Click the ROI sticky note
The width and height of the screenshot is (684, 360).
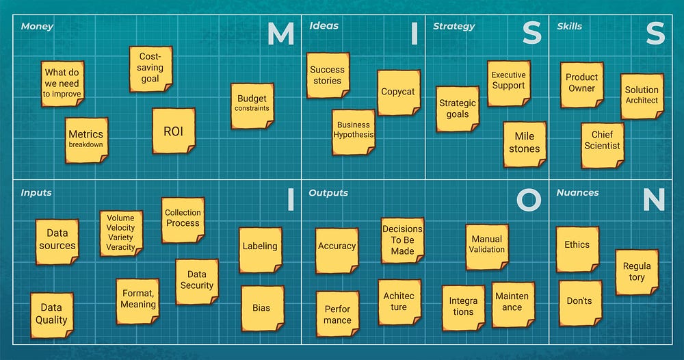pos(174,131)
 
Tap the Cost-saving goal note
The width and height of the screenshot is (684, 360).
pos(150,68)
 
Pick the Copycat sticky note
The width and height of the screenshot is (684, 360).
pos(398,92)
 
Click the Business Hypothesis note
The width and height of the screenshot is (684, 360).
pos(354,131)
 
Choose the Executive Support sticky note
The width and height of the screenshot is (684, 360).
pos(509,83)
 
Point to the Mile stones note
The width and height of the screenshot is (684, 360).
pos(525,144)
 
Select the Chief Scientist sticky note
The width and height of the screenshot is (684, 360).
pos(603,144)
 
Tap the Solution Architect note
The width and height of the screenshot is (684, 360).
pos(642,96)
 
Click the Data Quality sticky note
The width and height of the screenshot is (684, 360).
pos(51,315)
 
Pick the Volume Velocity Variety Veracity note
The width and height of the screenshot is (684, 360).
pos(121,233)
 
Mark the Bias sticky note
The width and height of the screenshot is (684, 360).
pos(262,308)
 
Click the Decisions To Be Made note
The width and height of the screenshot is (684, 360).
pos(402,240)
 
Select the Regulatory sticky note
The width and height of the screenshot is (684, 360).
pos(637,272)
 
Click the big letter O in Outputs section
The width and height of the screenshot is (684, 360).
pos(529,199)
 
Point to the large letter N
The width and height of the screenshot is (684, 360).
pos(654,199)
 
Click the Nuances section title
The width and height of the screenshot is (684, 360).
pos(577,193)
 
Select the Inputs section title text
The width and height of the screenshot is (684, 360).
pos(36,193)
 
